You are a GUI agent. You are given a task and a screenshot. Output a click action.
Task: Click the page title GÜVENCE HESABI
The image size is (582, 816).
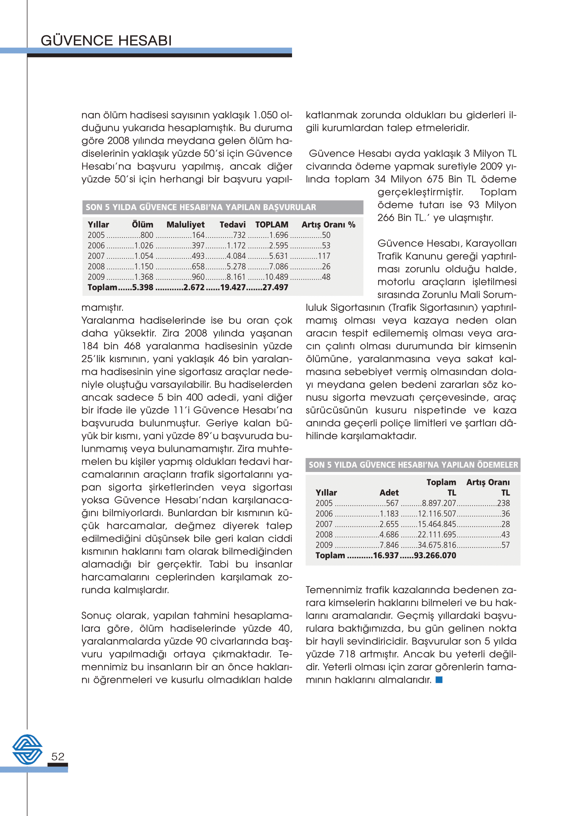(x=106, y=40)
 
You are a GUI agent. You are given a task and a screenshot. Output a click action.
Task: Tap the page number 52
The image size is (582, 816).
(x=58, y=756)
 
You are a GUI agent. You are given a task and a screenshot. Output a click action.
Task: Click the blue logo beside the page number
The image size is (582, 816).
(x=27, y=749)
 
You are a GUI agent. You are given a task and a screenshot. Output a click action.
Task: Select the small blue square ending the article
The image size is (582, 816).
(x=439, y=679)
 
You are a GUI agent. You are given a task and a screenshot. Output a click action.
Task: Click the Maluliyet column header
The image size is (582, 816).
(x=185, y=225)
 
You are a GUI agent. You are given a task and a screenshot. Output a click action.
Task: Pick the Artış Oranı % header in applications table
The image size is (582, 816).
(x=328, y=225)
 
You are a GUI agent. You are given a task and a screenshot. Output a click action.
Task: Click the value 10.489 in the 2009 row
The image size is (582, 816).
(x=276, y=277)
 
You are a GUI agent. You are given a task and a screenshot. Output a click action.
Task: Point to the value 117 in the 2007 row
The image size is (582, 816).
(x=324, y=256)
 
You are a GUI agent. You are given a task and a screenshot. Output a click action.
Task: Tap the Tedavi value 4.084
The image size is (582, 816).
(x=236, y=256)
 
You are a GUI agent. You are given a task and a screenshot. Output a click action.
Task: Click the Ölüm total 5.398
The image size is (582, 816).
(x=143, y=287)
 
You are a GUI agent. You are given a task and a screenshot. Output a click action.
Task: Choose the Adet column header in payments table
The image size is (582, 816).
(x=389, y=493)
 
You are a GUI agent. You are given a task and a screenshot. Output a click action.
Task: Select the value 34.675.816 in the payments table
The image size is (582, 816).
(x=437, y=545)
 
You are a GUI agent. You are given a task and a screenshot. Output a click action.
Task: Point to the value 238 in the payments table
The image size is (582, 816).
(x=503, y=503)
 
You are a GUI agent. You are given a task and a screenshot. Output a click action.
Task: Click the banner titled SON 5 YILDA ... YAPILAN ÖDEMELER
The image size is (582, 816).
(x=413, y=464)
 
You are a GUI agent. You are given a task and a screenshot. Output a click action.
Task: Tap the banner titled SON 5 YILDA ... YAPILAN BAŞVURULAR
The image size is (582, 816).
(x=201, y=207)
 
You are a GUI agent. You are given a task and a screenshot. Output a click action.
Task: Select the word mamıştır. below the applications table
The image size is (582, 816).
(x=102, y=307)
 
